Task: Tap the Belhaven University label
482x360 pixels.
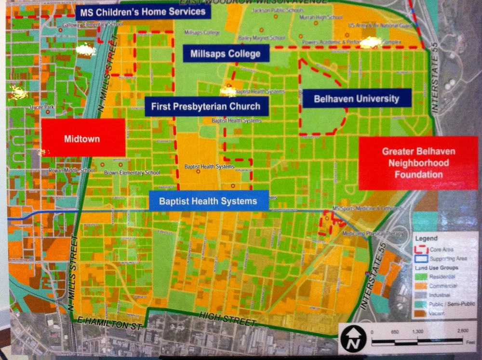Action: [356, 99]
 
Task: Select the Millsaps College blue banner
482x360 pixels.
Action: [225, 53]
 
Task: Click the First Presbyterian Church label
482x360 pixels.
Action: [206, 107]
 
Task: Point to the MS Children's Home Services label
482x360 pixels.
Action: [143, 12]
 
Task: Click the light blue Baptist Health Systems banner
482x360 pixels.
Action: [208, 200]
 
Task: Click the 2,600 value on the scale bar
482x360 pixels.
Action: [462, 332]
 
